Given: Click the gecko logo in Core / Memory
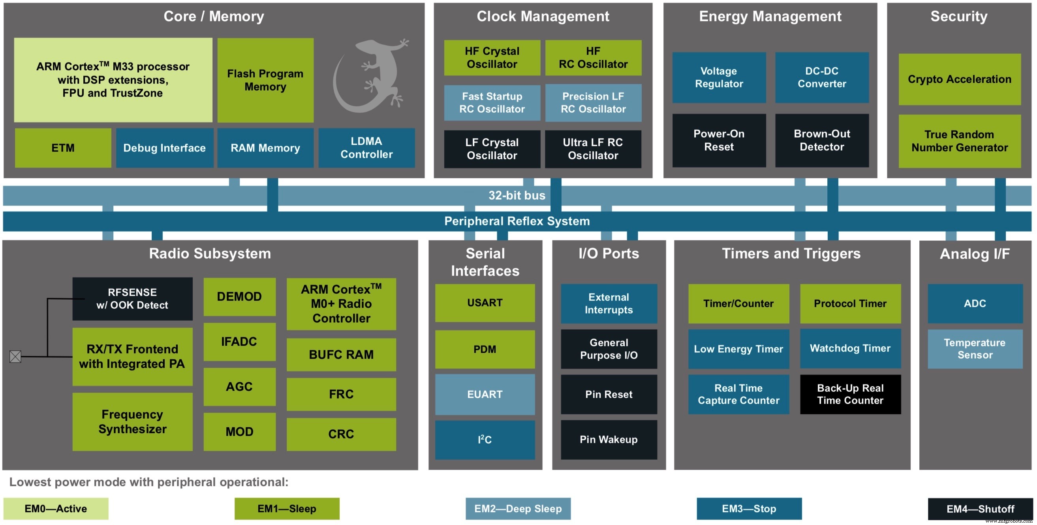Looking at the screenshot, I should pyautogui.click(x=368, y=77).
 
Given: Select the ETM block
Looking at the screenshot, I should pyautogui.click(x=63, y=148).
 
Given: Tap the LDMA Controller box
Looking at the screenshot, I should pyautogui.click(x=366, y=148).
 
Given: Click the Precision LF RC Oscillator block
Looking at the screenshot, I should pyautogui.click(x=593, y=103).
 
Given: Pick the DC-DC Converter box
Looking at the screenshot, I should pyautogui.click(x=822, y=77).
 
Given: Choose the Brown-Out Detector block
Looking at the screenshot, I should pyautogui.click(x=822, y=140).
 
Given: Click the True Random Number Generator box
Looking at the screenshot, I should pyautogui.click(x=959, y=141).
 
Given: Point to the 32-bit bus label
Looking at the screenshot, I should pyautogui.click(x=517, y=195).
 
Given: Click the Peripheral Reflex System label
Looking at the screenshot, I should pyautogui.click(x=517, y=221).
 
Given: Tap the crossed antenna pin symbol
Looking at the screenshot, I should pyautogui.click(x=15, y=357).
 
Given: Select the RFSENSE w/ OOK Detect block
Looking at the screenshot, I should pyautogui.click(x=132, y=298).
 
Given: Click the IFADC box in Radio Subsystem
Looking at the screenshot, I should pyautogui.click(x=239, y=342).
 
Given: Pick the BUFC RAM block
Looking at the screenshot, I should pyautogui.click(x=341, y=355).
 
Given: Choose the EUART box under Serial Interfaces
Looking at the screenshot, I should pyautogui.click(x=485, y=395).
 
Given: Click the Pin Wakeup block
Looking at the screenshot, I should pyautogui.click(x=609, y=440).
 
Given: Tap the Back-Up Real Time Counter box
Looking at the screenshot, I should pyautogui.click(x=850, y=395).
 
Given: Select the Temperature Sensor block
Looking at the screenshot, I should pyautogui.click(x=975, y=349).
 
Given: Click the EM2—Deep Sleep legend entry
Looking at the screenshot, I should pyautogui.click(x=518, y=508).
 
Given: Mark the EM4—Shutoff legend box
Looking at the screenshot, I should pyautogui.click(x=980, y=508).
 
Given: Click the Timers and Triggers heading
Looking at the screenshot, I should pyautogui.click(x=791, y=253).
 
